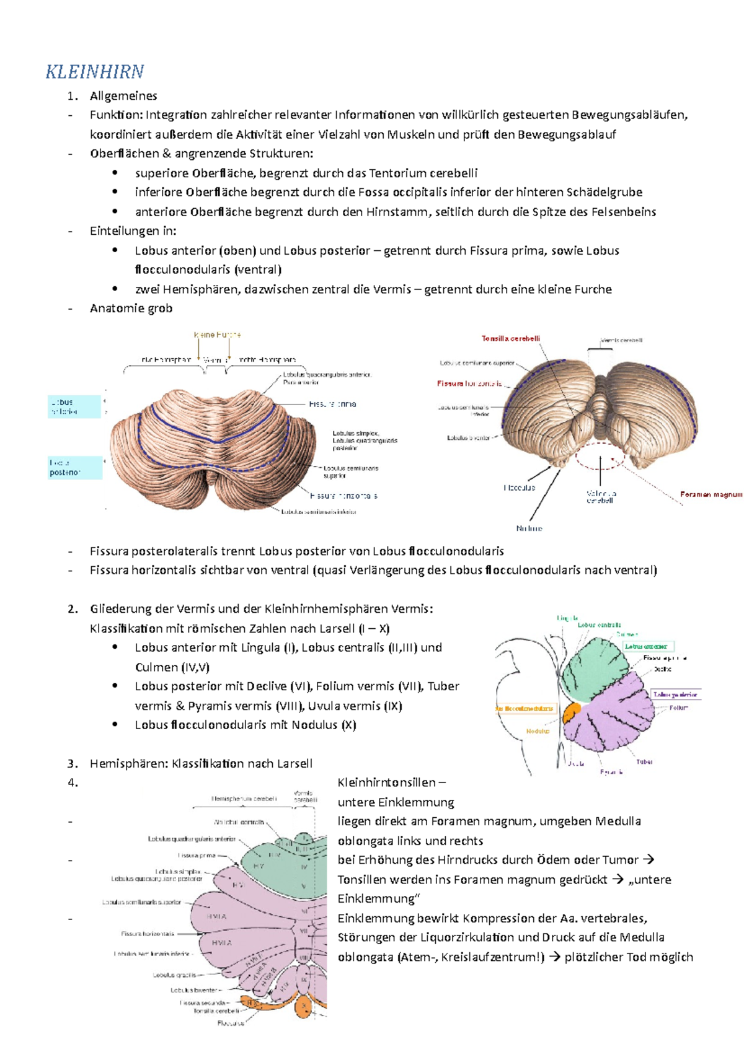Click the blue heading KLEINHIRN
(x=95, y=72)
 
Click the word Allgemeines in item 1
(x=123, y=96)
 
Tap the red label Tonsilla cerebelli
(x=510, y=339)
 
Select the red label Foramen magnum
(x=711, y=494)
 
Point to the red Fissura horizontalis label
(x=469, y=384)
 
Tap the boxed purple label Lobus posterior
(x=675, y=695)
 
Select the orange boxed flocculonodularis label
(x=525, y=709)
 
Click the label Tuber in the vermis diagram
(x=644, y=762)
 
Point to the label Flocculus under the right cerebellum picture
(x=519, y=488)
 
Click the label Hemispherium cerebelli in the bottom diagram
(x=244, y=799)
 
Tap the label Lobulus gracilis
(x=174, y=975)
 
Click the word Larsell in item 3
(x=292, y=764)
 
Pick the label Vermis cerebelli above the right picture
(x=621, y=340)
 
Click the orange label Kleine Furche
(x=217, y=335)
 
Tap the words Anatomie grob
(x=131, y=309)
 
